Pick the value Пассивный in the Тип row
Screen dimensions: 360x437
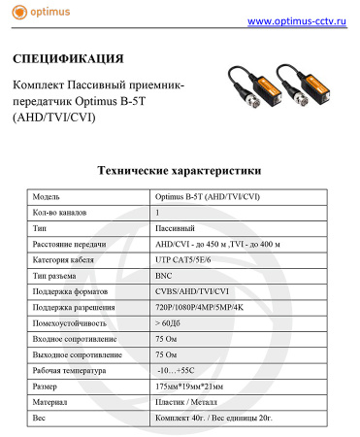click(178, 226)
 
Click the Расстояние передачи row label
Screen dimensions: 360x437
click(73, 243)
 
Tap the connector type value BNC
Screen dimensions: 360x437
click(166, 275)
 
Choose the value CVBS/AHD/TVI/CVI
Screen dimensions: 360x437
click(192, 290)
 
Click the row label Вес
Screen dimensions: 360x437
click(40, 418)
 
